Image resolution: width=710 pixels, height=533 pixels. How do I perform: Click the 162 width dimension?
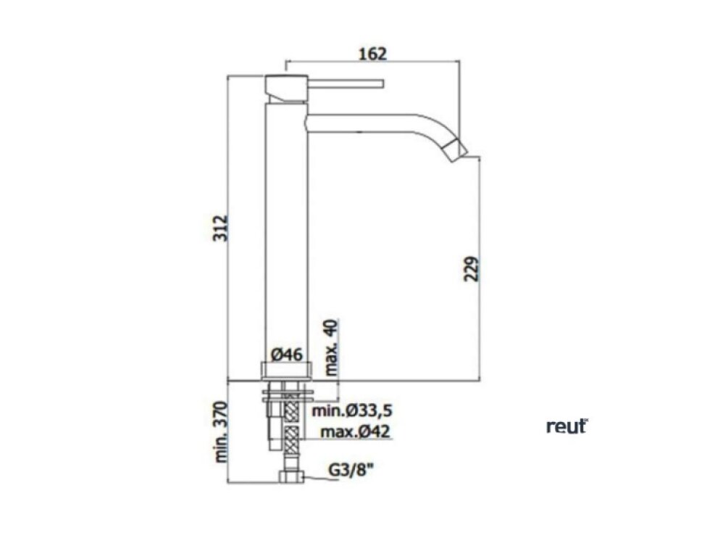tap(372, 54)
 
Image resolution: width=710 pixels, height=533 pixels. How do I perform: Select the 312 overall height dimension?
tap(220, 228)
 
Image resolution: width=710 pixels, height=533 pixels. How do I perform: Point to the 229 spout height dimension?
tap(472, 269)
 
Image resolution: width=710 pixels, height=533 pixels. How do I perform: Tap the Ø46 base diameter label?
tap(287, 354)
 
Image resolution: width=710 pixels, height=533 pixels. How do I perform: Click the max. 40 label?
tap(332, 347)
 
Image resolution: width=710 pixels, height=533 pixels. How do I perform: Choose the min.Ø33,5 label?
tap(352, 411)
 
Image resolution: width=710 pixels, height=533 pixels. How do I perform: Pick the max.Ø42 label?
tap(355, 431)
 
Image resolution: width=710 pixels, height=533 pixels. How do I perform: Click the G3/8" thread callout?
tap(351, 470)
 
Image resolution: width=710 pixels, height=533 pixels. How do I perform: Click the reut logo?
tap(567, 426)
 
